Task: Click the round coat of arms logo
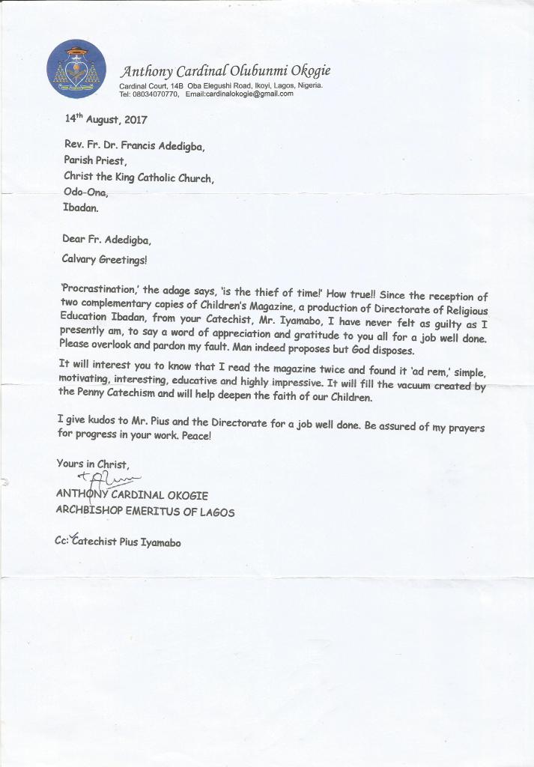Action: (x=76, y=69)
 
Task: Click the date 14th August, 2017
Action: (x=105, y=119)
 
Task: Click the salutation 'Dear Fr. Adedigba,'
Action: (x=107, y=240)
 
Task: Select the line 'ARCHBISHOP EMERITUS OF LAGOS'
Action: (x=145, y=512)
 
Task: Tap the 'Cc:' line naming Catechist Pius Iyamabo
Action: (x=118, y=542)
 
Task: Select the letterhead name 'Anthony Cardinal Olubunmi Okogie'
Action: (x=225, y=71)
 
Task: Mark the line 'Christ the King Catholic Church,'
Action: (x=139, y=178)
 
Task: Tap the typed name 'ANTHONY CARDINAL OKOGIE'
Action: (x=132, y=496)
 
